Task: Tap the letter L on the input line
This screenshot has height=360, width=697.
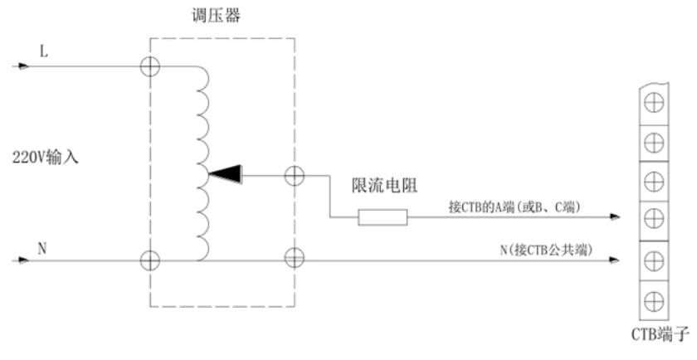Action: tap(44, 51)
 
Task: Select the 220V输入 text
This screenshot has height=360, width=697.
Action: tap(46, 156)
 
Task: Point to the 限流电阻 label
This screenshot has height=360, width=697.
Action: tap(379, 187)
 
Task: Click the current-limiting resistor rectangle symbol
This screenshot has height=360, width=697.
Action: tap(383, 217)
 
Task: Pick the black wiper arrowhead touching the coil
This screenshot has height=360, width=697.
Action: tap(225, 173)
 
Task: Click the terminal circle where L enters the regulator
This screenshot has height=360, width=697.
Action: tap(150, 66)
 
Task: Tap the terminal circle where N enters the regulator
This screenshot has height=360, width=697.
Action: tap(150, 260)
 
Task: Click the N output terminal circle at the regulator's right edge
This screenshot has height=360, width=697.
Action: tap(294, 260)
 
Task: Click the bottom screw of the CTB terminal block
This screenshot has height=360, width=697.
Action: tap(654, 298)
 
